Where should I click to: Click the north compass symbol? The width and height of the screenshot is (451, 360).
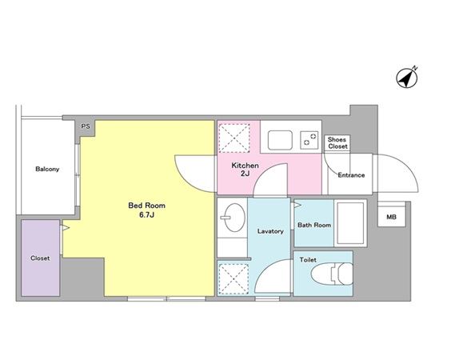[x=407, y=77]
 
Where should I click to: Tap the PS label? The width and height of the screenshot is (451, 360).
[x=86, y=126]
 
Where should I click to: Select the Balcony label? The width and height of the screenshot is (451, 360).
[x=47, y=169]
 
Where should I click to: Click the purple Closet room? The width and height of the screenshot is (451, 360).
[x=41, y=258]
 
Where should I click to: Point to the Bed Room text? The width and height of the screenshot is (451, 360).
[x=146, y=206]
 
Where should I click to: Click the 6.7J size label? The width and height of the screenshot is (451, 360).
[x=146, y=214]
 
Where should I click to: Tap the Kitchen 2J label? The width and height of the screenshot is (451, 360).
[x=245, y=170]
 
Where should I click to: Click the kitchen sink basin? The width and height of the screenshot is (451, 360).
[x=280, y=140]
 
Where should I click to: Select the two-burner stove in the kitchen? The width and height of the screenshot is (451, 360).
[x=309, y=140]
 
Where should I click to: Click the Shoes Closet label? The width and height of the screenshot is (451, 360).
[x=337, y=142]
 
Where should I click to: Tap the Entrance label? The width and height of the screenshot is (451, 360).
[x=351, y=175]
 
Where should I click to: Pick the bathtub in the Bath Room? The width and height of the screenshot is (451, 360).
[x=350, y=223]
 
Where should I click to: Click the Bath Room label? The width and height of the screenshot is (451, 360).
[x=314, y=225]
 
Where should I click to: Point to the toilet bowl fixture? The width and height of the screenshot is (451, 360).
[x=332, y=274]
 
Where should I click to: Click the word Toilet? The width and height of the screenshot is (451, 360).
[x=308, y=260]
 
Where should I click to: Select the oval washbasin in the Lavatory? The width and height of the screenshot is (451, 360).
[x=234, y=218]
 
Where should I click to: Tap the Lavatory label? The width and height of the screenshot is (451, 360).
[x=270, y=231]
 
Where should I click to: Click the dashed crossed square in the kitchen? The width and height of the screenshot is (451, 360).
[x=234, y=138]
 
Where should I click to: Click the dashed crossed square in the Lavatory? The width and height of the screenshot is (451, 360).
[x=233, y=279]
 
